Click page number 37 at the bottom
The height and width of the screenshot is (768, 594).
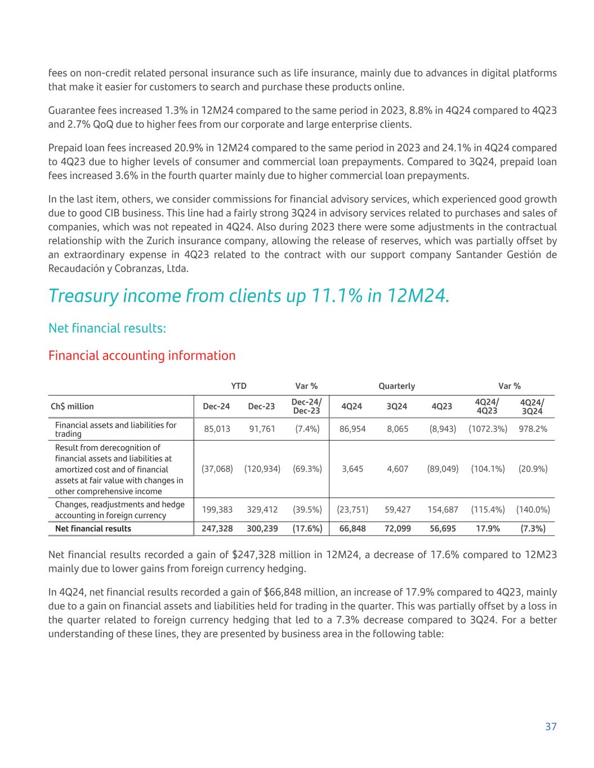point(551,726)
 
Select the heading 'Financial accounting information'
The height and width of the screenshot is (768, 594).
point(142,356)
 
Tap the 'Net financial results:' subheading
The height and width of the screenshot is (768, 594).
point(107,328)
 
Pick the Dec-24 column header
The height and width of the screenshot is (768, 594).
point(216,406)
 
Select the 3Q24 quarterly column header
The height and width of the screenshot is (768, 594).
point(398,406)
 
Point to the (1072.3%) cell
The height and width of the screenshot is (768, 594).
point(488,429)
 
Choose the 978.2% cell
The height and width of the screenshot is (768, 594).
point(533,429)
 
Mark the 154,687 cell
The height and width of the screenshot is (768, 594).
point(442,510)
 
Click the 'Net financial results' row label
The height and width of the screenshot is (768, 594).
point(93,528)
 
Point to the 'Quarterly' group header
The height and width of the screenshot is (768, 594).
point(396,386)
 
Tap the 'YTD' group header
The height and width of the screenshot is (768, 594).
point(239,386)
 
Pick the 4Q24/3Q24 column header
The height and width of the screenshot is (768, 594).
point(532,406)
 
